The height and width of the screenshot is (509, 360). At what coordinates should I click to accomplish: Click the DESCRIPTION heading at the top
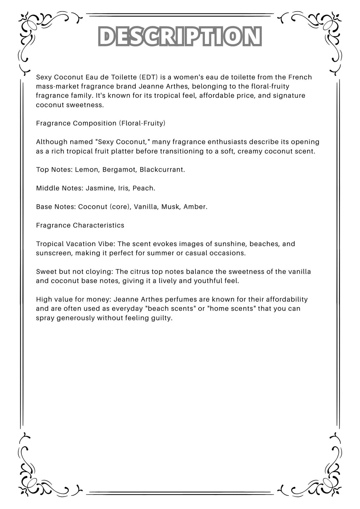[x=180, y=37]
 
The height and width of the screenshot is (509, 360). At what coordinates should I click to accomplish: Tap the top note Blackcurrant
[x=162, y=170]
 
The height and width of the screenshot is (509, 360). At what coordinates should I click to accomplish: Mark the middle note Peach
[x=143, y=188]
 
